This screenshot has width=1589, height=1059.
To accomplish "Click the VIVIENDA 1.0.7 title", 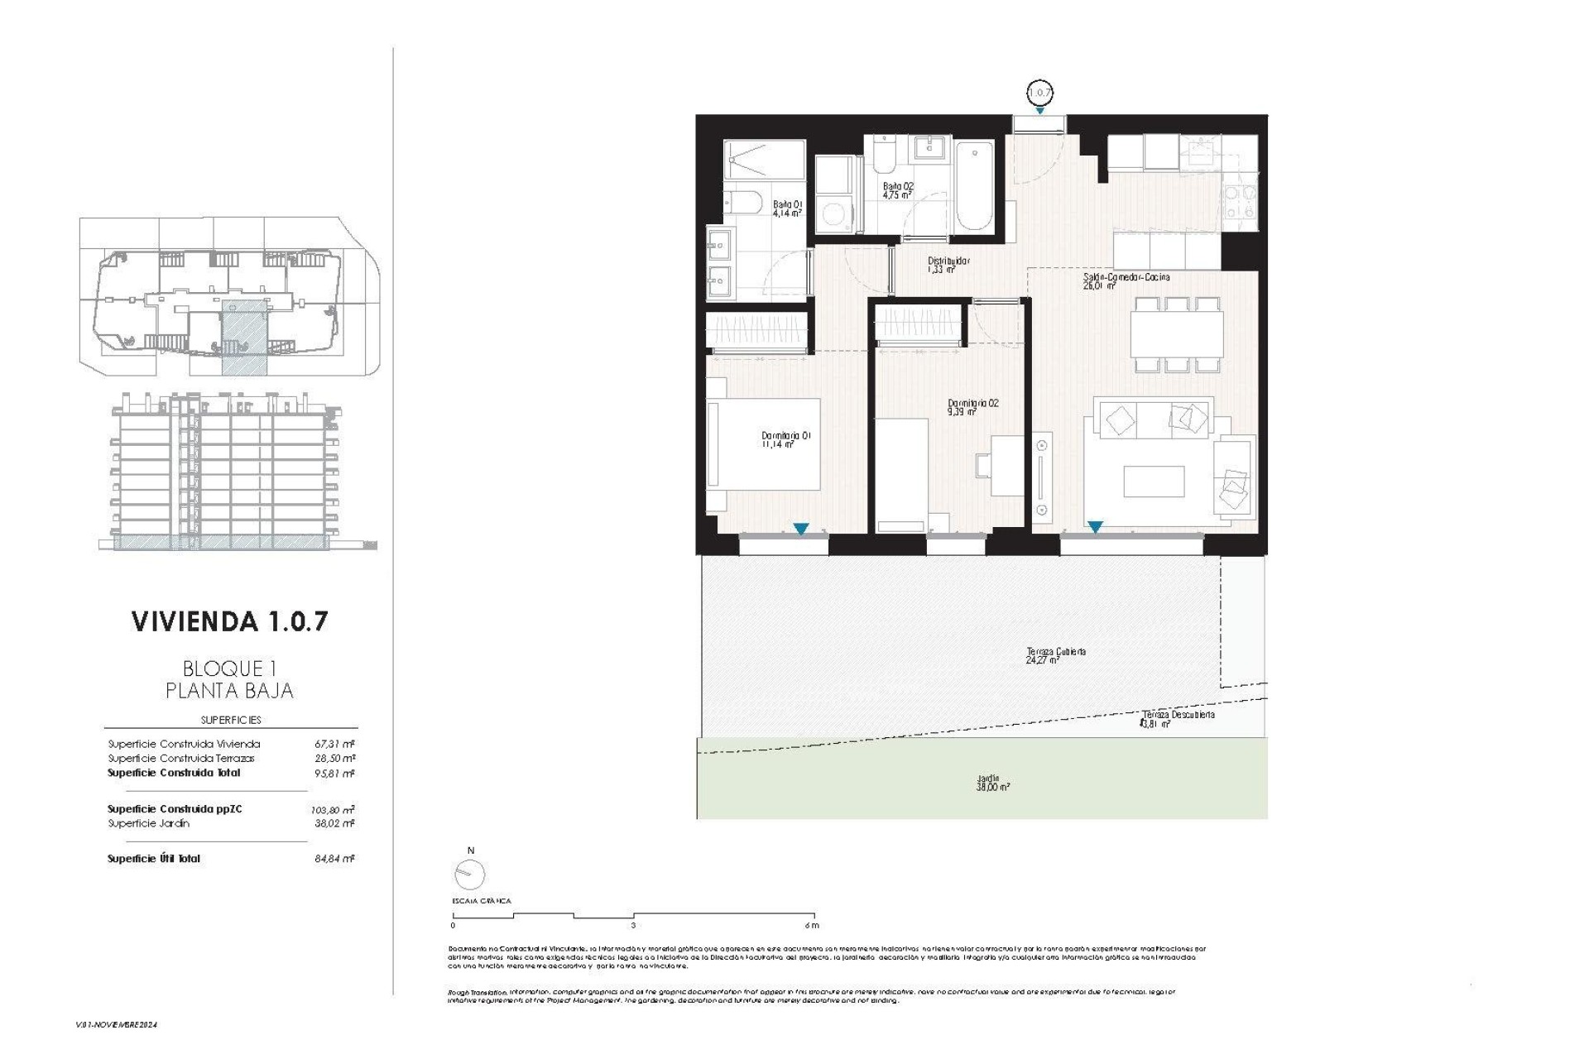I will point(229,622).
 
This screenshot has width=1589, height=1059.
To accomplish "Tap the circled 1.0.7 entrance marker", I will point(1039,91).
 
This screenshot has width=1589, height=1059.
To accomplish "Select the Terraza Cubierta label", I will point(1055,655).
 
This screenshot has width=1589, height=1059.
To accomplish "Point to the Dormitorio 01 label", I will point(785,439).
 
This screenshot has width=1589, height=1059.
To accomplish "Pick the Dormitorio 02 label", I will point(972,407).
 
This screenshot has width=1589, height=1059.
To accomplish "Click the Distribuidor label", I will point(948,265).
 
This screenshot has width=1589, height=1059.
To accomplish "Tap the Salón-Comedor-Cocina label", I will point(1126,281).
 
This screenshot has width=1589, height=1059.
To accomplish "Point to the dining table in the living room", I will point(1176,334).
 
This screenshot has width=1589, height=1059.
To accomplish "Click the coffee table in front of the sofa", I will point(1154,482).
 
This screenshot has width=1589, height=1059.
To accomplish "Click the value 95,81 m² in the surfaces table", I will point(334,774).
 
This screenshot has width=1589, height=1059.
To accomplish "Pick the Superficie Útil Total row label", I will point(154,859).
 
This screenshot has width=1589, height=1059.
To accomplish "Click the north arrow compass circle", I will point(469,875).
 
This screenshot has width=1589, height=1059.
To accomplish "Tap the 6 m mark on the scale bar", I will point(812,924).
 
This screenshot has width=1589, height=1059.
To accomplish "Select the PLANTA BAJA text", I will point(229,690).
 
